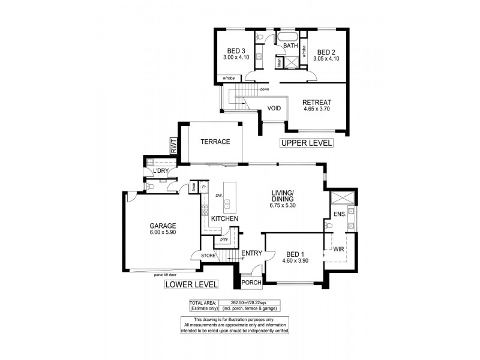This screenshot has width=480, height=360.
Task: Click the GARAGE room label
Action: click(163, 226)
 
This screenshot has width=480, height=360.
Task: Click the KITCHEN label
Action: click(225, 218)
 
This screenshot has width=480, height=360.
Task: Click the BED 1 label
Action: click(296, 254)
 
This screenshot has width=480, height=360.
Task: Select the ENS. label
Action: click(339, 214)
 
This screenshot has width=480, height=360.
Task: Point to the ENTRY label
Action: click(251, 253)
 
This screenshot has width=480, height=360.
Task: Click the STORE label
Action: click(208, 256)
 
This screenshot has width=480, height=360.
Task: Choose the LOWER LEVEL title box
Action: click(191, 284)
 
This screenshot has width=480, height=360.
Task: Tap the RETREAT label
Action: click(317, 103)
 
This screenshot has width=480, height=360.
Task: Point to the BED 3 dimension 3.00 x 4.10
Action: click(236, 57)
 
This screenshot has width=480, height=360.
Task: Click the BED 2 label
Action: click(326, 52)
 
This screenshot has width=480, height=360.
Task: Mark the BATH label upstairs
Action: click(291, 46)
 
